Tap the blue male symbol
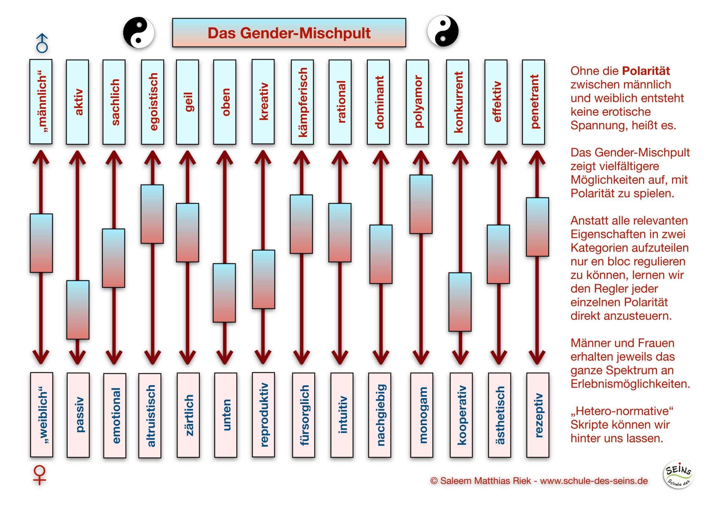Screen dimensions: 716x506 42,43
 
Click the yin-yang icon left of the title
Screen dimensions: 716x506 139,32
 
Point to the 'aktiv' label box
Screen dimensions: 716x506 77,102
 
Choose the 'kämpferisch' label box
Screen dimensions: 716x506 302,102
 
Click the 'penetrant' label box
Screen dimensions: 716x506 534,102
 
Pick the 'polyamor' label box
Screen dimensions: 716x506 417,102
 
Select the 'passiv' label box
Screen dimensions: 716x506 78,415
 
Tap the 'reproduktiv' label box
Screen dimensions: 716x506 263,415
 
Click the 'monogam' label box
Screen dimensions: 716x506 421,415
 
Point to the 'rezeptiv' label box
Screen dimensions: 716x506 538,415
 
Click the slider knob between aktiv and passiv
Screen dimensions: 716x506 78,310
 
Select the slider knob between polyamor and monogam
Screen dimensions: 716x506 421,204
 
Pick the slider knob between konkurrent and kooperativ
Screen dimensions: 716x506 460,302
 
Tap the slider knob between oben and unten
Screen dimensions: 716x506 224,293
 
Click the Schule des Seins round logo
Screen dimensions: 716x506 679,474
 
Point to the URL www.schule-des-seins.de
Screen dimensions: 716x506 594,481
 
